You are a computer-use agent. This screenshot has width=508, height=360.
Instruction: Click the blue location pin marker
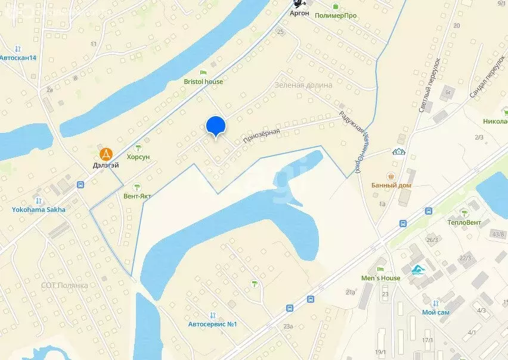click(215, 126)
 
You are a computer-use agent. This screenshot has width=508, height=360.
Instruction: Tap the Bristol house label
click(203, 82)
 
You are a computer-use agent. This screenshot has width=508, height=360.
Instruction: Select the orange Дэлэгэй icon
click(106, 154)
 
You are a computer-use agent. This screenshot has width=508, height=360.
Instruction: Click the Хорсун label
click(138, 156)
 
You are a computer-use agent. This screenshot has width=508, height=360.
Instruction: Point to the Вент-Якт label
click(137, 195)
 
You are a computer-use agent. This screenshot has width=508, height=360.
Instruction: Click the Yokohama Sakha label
click(39, 209)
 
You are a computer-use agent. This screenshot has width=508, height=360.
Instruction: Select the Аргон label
click(299, 13)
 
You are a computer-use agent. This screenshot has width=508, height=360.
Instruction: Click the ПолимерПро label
click(336, 15)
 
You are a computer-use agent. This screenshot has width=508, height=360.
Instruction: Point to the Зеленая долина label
click(303, 85)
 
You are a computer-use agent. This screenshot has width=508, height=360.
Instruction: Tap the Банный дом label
click(391, 185)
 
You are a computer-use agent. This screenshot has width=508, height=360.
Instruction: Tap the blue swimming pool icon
click(418, 271)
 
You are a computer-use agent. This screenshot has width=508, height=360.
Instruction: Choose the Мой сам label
click(435, 312)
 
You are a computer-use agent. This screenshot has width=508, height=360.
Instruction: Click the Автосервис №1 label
click(213, 324)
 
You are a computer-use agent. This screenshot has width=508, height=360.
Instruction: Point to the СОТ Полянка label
click(64, 285)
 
